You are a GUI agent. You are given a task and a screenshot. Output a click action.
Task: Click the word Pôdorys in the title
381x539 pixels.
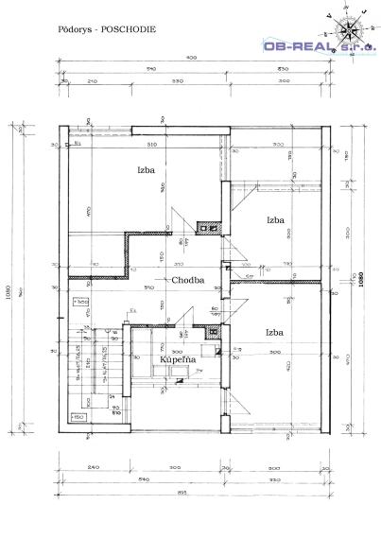(x=72, y=29)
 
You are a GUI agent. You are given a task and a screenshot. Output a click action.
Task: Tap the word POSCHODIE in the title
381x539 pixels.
(x=130, y=29)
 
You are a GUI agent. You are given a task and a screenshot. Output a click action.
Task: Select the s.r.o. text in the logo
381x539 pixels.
(x=358, y=44)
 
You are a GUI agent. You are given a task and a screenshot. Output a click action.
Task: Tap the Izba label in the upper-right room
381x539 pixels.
(x=276, y=219)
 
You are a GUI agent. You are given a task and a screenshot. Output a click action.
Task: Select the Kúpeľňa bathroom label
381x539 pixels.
(x=177, y=360)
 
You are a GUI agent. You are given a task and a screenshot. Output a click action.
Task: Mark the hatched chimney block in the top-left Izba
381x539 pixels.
(x=205, y=227)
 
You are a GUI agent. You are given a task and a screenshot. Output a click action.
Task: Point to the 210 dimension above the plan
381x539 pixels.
(x=92, y=82)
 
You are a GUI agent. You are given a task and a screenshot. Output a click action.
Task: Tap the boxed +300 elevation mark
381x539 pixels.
(x=82, y=301)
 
